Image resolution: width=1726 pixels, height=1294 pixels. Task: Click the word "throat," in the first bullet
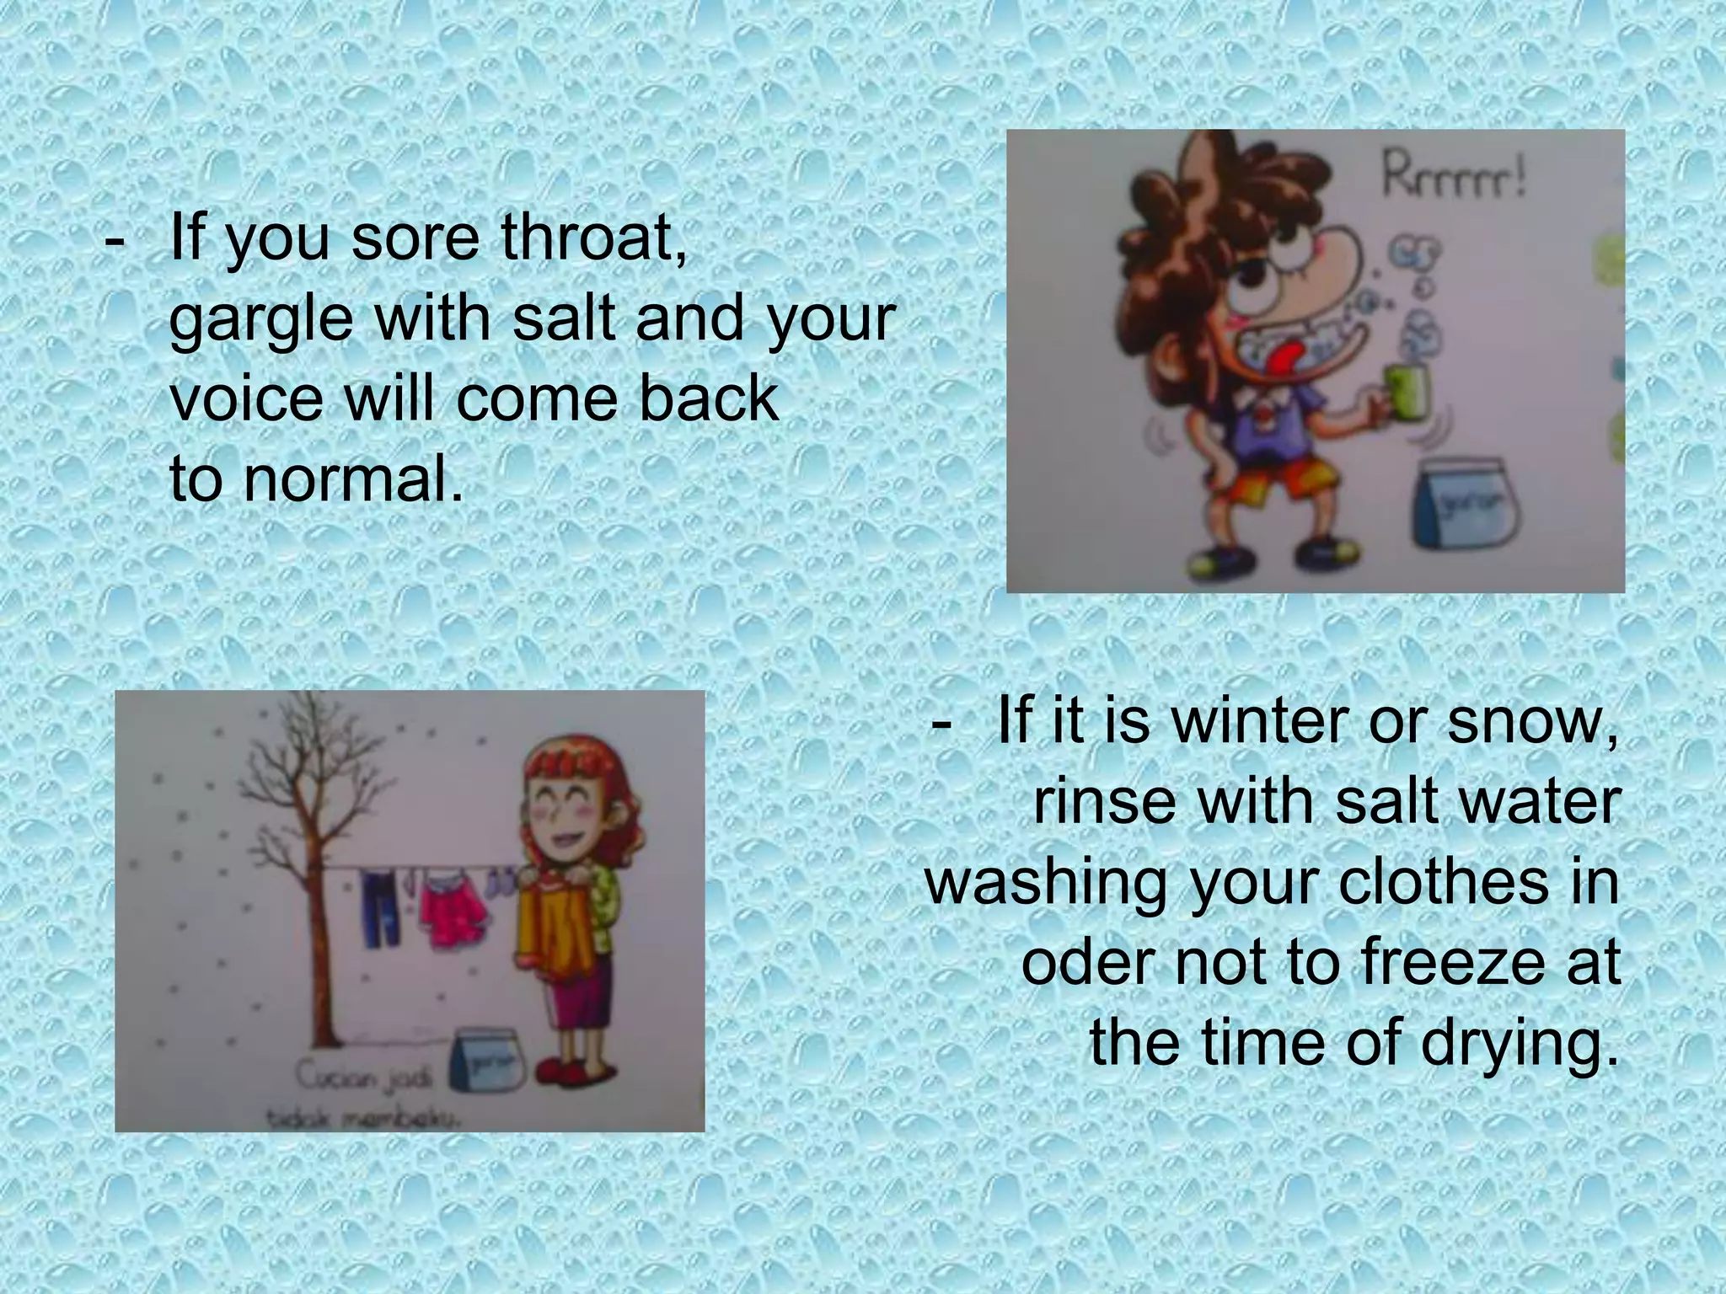594,238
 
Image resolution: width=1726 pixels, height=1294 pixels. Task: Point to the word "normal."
354,479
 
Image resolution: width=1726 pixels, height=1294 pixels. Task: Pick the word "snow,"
1532,721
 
